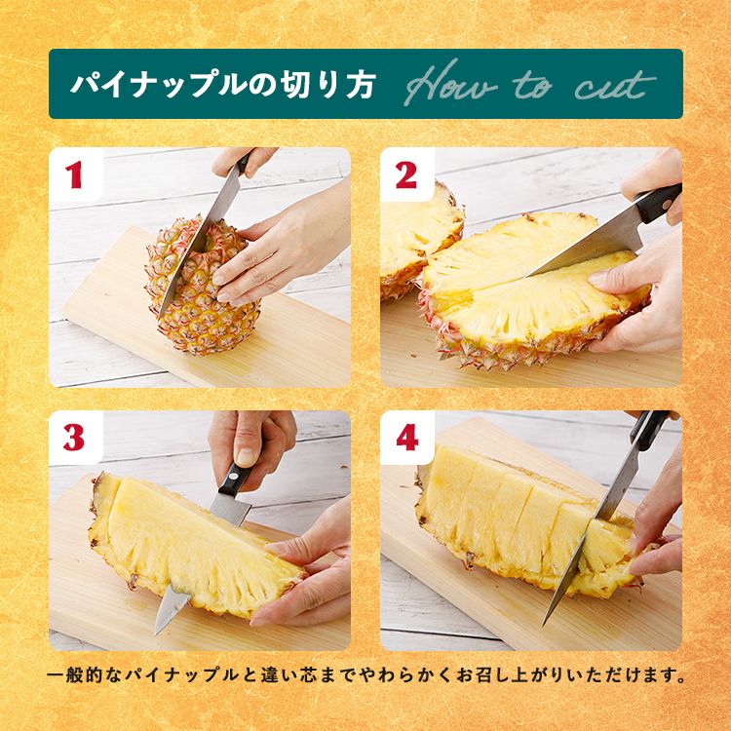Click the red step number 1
tap(74, 175)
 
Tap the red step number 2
tap(405, 175)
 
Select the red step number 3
tap(74, 438)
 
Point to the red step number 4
tap(407, 438)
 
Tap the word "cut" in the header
tap(615, 85)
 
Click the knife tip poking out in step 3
tap(170, 609)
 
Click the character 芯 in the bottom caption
tap(312, 675)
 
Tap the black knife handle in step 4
tap(649, 430)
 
